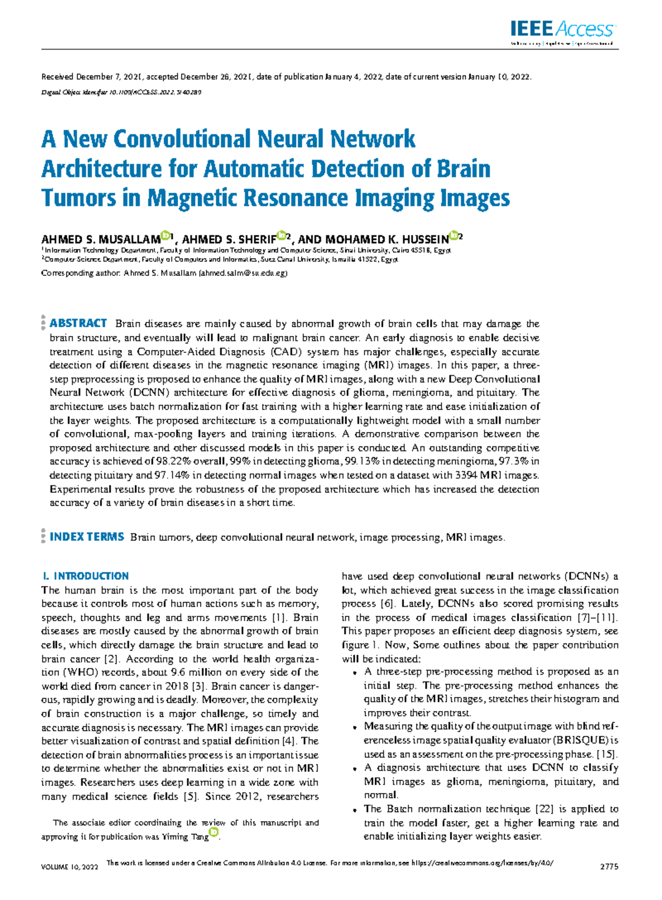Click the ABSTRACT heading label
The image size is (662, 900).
pos(78,323)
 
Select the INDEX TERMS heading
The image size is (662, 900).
pos(87,537)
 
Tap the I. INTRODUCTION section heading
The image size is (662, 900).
pos(85,576)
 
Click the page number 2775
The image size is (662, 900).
pos(609,867)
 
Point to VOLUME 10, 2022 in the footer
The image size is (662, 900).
pos(70,867)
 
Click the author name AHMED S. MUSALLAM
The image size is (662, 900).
pos(100,239)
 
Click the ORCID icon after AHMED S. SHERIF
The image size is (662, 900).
pos(281,236)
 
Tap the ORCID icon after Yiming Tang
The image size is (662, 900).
pos(214,832)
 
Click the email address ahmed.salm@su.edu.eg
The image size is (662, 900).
pos(243,273)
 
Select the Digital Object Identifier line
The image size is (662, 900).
pos(121,92)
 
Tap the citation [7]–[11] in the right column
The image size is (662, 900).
pos(597,617)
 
